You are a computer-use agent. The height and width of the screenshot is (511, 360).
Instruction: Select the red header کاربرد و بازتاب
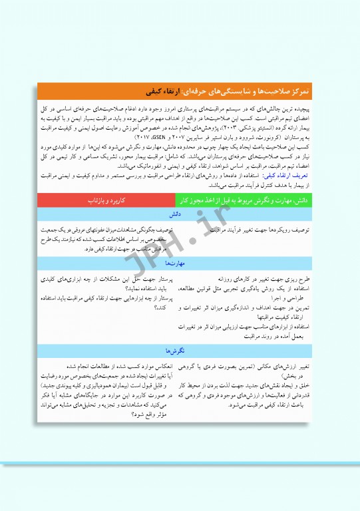(x=106, y=199)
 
